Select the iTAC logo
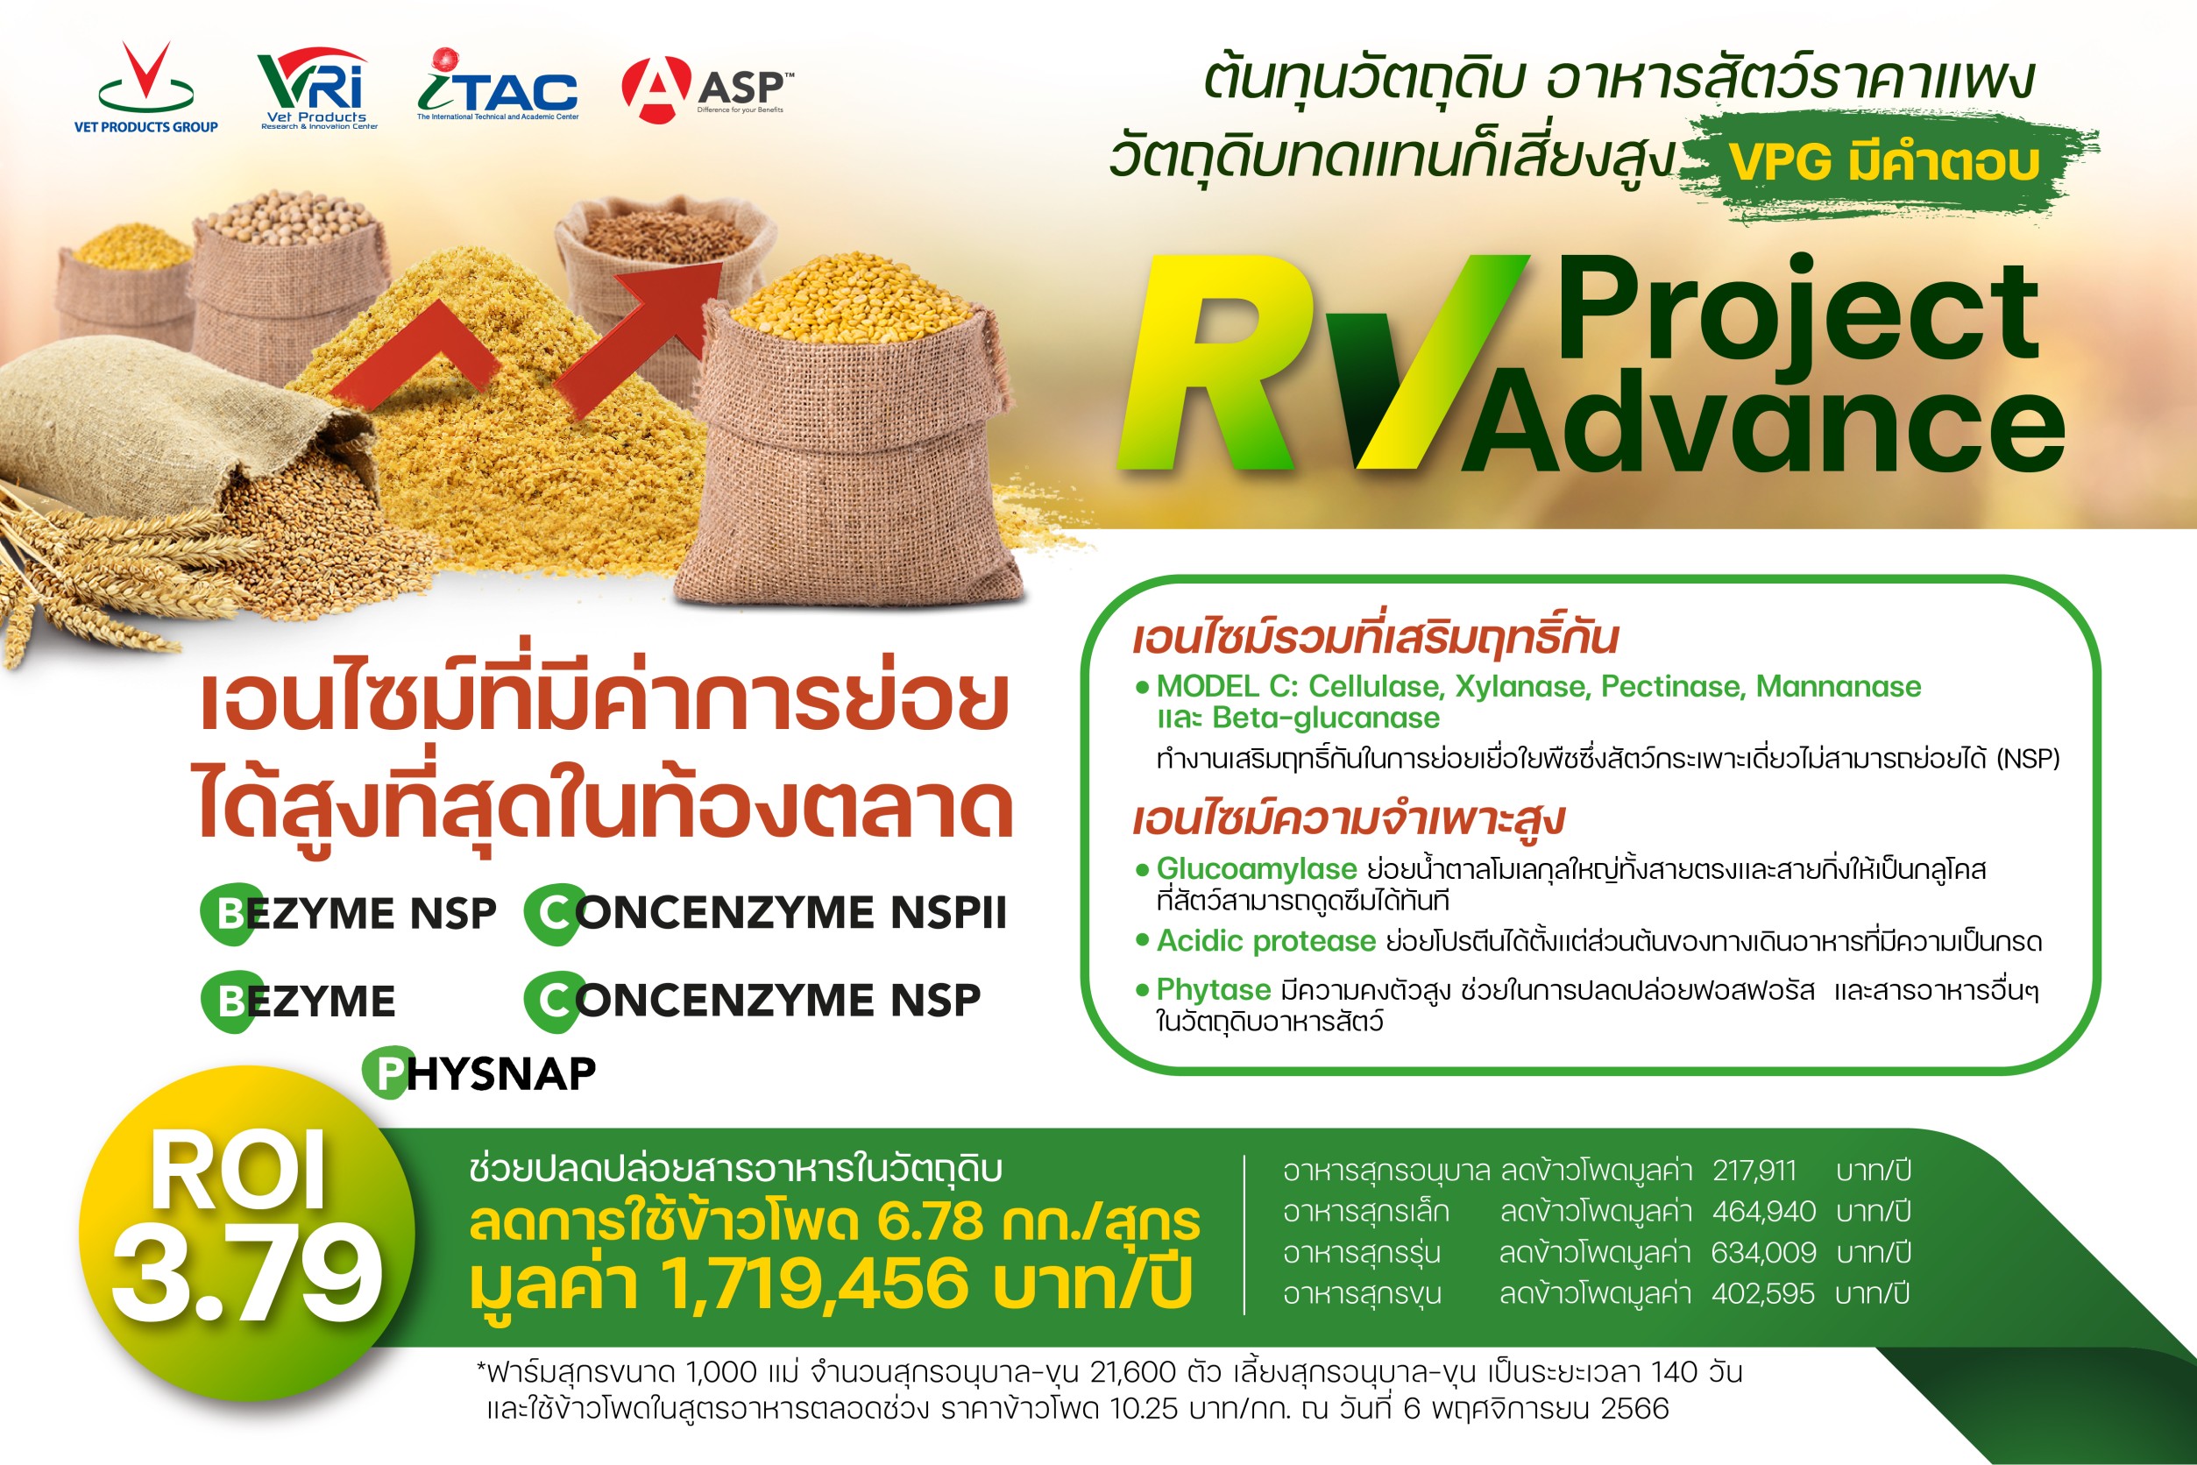click(x=497, y=85)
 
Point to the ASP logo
click(x=707, y=89)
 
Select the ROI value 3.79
click(x=247, y=1273)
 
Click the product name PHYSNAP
click(x=479, y=1072)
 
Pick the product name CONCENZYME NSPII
click(x=766, y=913)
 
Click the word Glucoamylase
click(x=1256, y=869)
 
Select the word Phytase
click(x=1213, y=989)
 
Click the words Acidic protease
click(x=1265, y=941)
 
